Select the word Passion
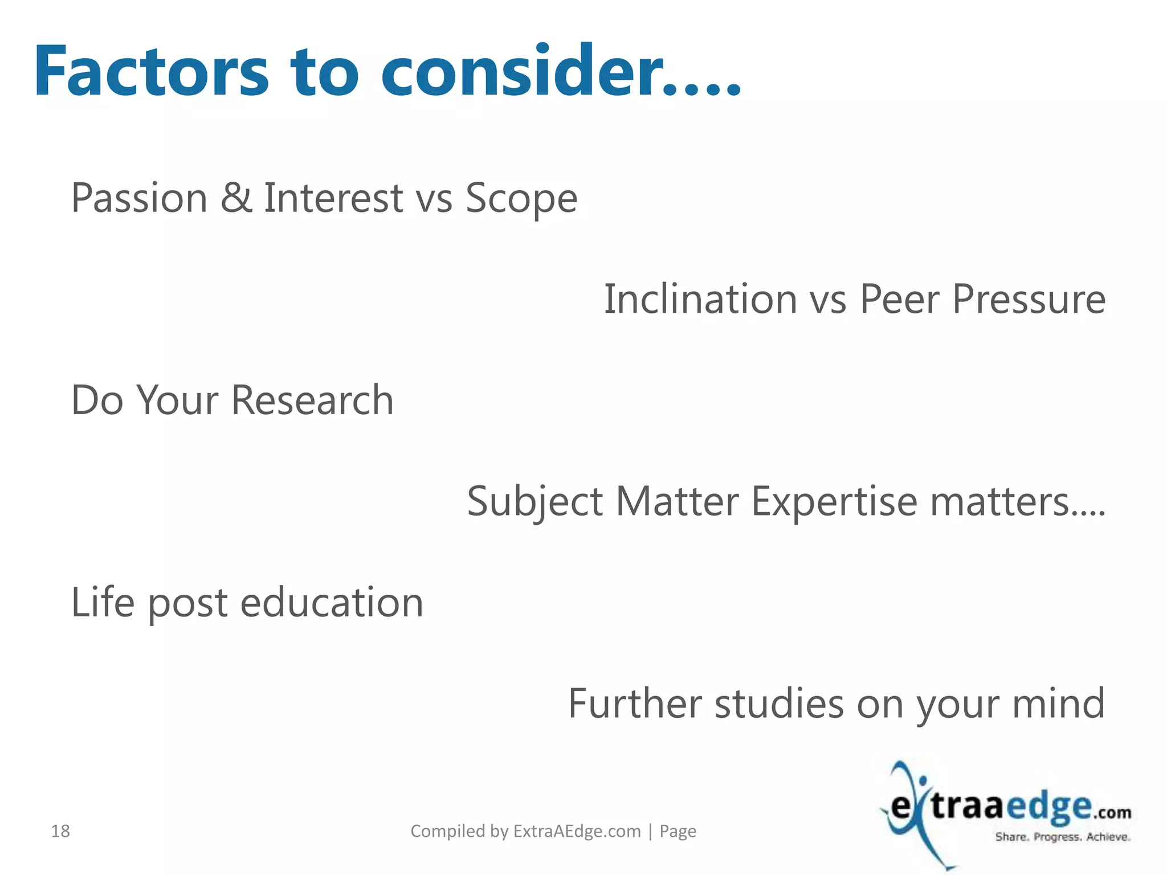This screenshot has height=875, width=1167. coord(139,198)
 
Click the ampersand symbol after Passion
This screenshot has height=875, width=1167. coord(236,198)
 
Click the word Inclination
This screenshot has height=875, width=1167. coord(700,299)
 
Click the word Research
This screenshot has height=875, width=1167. coord(312,400)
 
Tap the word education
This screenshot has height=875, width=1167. coord(332,602)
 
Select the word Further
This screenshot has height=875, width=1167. coord(634,704)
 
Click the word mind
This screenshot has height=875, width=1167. coord(1058,704)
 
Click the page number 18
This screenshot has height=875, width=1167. coord(60,831)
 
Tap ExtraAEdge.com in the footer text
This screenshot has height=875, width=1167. coord(577,831)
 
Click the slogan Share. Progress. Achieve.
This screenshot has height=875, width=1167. coord(1063,837)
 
